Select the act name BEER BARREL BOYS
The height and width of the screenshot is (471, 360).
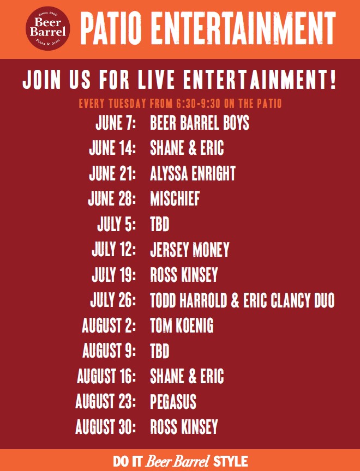click(x=199, y=123)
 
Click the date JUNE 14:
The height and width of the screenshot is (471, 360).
click(x=112, y=148)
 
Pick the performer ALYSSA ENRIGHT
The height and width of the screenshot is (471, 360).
click(x=193, y=173)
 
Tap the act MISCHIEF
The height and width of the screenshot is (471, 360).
click(x=175, y=199)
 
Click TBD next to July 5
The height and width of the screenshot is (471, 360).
click(x=160, y=224)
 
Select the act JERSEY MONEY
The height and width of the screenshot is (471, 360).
click(x=189, y=250)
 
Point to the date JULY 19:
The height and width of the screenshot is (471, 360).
click(x=114, y=275)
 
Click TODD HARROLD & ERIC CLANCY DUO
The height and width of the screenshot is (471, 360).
click(x=242, y=300)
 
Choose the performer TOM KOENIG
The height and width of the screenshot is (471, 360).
click(x=182, y=325)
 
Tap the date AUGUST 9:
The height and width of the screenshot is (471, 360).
click(x=109, y=351)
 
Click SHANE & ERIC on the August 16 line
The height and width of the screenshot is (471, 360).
click(x=187, y=376)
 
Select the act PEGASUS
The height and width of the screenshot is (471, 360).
click(x=173, y=402)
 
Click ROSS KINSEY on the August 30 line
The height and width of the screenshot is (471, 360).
click(x=184, y=427)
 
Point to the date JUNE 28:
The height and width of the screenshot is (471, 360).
click(x=112, y=199)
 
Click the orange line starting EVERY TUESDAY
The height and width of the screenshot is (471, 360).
click(x=180, y=103)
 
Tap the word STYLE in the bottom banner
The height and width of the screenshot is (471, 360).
click(x=230, y=461)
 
